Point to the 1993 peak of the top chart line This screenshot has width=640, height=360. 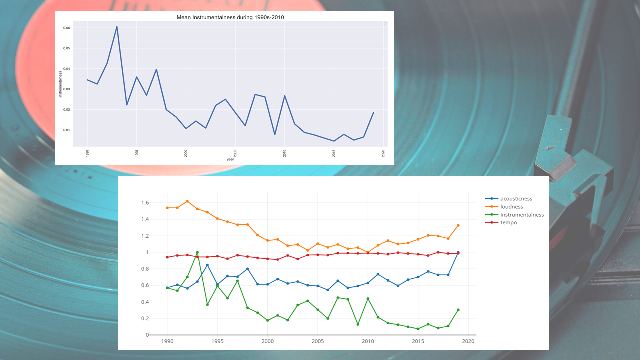[x=117, y=27]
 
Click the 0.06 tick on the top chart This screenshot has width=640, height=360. [x=66, y=28]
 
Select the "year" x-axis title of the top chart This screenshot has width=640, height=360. [x=230, y=159]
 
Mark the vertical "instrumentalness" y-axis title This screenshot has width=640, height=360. [x=61, y=84]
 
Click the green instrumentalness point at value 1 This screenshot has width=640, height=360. [x=197, y=252]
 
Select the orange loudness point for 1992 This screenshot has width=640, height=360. [x=187, y=201]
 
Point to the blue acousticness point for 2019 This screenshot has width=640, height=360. [x=458, y=252]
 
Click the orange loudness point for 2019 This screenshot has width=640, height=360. [x=458, y=225]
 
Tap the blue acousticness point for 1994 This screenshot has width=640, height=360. [x=207, y=265]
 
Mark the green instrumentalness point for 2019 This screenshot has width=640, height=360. [x=458, y=310]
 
